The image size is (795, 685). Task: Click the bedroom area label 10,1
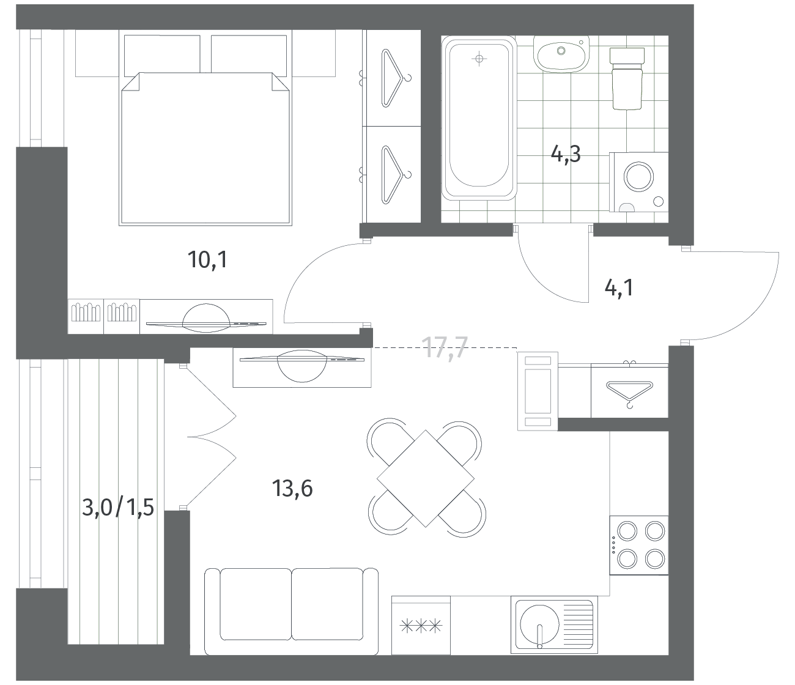point(208,259)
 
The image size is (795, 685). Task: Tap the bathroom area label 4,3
point(566,155)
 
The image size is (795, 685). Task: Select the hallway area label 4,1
point(619,287)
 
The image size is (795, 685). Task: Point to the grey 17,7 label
point(445,347)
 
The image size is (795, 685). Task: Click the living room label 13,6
point(292,489)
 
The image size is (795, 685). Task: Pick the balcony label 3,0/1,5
point(118,508)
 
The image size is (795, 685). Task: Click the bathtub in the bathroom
point(479,118)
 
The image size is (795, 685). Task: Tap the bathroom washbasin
point(561,54)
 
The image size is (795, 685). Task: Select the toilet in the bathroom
point(627,78)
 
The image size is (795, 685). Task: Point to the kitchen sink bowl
point(539,626)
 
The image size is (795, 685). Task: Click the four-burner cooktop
point(638,545)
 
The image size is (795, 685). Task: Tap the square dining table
point(426,478)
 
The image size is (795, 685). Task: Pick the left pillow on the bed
point(162,54)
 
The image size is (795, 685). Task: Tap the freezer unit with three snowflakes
point(421,626)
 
